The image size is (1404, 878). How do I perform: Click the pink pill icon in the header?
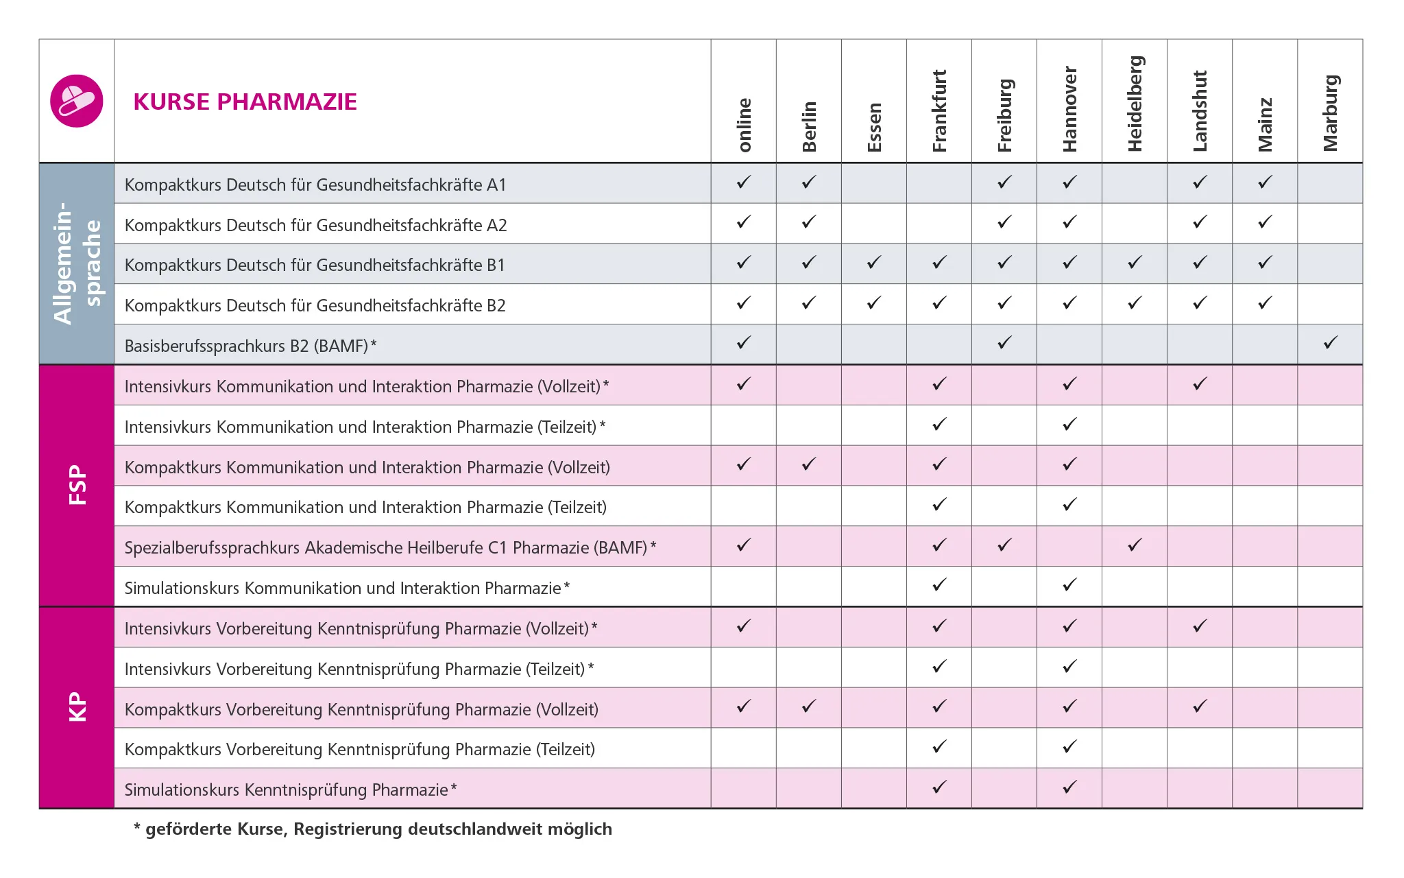tap(77, 101)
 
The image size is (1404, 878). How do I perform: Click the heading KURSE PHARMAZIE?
tap(245, 102)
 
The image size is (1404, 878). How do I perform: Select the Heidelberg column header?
tap(1135, 103)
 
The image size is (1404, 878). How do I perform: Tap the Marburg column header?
tap(1330, 112)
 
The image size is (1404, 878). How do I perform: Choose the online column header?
tap(744, 124)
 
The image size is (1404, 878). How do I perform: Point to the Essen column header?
tap(874, 127)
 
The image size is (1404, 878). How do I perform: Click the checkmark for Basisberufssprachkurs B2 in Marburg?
tap(1330, 342)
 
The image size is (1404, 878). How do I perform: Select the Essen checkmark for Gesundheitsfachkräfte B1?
tap(874, 262)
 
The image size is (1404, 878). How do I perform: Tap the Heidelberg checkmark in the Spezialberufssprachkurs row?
tap(1135, 545)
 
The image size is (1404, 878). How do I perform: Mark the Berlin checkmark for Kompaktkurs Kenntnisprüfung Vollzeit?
tap(809, 706)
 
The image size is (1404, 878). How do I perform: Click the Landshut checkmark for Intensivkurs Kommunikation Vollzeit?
tap(1200, 383)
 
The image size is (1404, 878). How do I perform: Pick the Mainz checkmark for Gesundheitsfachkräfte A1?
tap(1265, 182)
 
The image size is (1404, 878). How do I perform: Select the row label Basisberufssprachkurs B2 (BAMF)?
tap(250, 346)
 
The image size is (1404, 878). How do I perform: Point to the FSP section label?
tap(77, 485)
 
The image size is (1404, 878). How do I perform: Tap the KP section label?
tap(77, 707)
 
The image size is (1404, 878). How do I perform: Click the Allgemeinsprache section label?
tap(77, 263)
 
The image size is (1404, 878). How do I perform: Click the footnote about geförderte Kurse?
tap(373, 829)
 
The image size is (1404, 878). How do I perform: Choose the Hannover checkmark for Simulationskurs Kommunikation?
tap(1069, 584)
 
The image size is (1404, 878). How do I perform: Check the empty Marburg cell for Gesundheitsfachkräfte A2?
tap(1330, 224)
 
